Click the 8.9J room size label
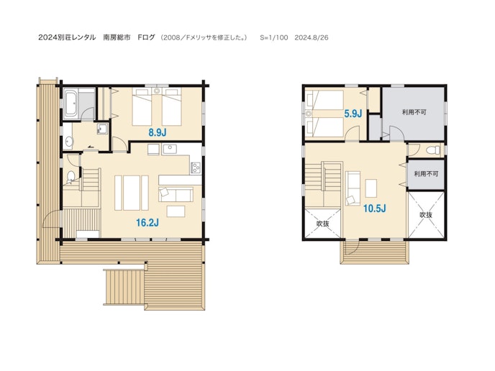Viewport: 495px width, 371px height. pos(158,132)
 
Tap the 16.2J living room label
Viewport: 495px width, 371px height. pos(147,223)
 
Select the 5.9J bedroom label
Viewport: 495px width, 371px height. pos(353,114)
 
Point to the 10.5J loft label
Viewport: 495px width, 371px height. pos(374,209)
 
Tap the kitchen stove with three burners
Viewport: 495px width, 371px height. pos(196,168)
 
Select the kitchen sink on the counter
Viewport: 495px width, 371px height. pos(170,150)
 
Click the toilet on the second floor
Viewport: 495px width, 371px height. pos(433,150)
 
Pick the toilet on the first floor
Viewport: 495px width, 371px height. pos(71,177)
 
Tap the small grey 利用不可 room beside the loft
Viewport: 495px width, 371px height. pos(426,175)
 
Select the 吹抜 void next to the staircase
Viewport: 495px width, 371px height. pos(322,224)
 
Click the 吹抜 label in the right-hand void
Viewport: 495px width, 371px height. pos(426,215)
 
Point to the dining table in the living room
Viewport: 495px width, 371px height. pos(132,193)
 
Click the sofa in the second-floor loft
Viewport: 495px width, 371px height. pos(353,188)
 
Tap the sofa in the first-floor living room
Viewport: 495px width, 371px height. pos(176,194)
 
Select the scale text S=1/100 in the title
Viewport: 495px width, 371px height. pos(274,37)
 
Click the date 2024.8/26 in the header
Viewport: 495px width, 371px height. pos(312,37)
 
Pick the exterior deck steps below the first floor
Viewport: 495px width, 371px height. pos(124,287)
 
